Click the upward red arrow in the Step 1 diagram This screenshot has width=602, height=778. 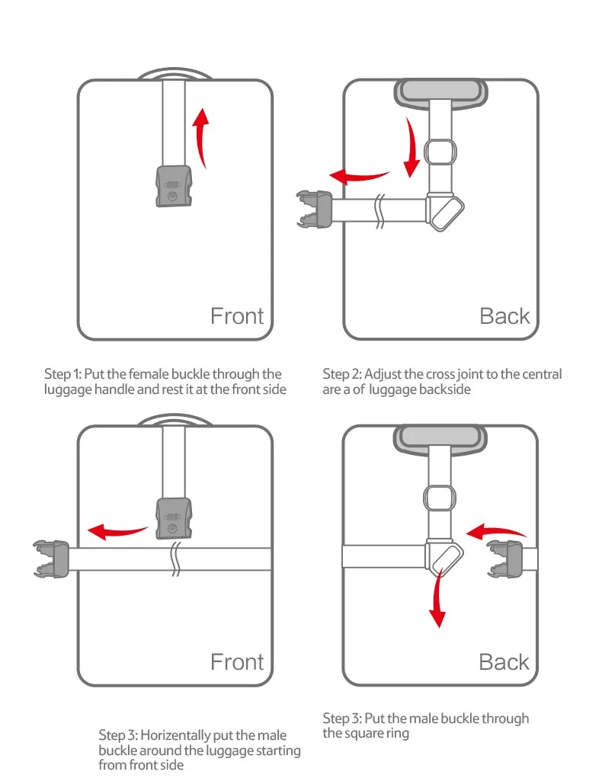click(x=202, y=137)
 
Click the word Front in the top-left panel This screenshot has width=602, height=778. click(x=237, y=315)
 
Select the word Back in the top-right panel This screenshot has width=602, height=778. click(x=504, y=315)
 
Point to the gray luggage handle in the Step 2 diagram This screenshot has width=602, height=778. click(x=441, y=93)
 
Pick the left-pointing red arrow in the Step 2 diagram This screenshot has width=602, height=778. click(x=361, y=177)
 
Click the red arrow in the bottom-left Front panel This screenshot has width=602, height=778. click(x=116, y=530)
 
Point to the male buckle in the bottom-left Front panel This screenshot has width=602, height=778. click(x=52, y=557)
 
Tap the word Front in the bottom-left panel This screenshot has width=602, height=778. click(x=237, y=662)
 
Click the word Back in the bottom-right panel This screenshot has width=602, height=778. click(x=504, y=662)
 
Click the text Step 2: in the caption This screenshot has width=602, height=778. click(x=341, y=374)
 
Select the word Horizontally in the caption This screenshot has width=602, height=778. click(x=172, y=735)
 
